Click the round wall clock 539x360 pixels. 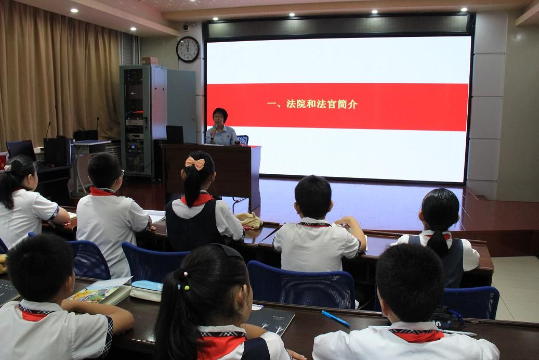(188, 49)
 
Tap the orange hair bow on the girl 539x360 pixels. (195, 163)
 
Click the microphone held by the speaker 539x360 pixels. (213, 132)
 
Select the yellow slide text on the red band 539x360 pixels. (312, 104)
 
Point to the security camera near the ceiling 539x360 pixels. (187, 27)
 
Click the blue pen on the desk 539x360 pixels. (336, 319)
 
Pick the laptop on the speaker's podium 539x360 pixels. (175, 135)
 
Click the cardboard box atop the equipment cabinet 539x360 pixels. (150, 60)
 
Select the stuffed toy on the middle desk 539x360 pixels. (249, 220)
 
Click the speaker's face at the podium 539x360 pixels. (219, 118)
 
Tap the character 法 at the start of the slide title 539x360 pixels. (292, 104)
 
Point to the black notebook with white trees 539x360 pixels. (271, 320)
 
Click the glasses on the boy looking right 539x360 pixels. (122, 173)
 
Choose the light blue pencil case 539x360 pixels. (147, 290)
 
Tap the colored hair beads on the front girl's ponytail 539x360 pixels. (186, 281)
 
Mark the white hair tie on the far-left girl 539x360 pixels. (8, 169)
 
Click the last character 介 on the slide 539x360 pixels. (353, 104)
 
